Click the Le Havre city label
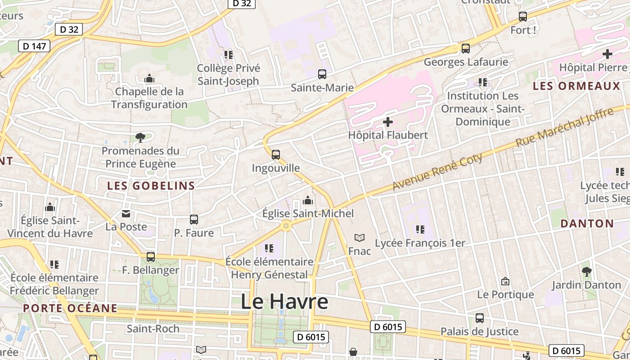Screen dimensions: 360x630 [x=284, y=301]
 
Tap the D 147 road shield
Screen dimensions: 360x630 [x=34, y=46]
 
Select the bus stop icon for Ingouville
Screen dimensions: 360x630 [x=276, y=155]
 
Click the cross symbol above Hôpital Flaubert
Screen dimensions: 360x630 [x=387, y=122]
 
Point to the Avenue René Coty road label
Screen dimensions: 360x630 [x=437, y=171]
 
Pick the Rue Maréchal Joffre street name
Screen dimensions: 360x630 [x=564, y=127]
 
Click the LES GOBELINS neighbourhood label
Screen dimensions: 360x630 [x=151, y=185]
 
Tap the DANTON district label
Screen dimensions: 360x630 [x=587, y=224]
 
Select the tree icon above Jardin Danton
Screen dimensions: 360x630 [x=586, y=271]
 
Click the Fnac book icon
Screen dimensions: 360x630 [x=359, y=238]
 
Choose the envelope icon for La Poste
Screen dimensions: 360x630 [x=126, y=214]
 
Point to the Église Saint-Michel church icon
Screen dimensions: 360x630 [x=308, y=200]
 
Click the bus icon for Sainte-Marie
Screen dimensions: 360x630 [x=322, y=74]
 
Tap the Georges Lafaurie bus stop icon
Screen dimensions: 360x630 [x=466, y=49]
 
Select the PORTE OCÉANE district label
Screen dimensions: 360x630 [x=70, y=308]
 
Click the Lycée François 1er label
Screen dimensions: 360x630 [x=420, y=243]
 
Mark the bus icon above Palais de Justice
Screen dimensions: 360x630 [x=480, y=318]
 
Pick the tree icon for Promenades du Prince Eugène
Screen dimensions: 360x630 [x=140, y=137]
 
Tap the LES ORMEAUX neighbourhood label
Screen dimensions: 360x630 [x=576, y=86]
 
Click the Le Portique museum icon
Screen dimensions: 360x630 [x=505, y=281]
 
